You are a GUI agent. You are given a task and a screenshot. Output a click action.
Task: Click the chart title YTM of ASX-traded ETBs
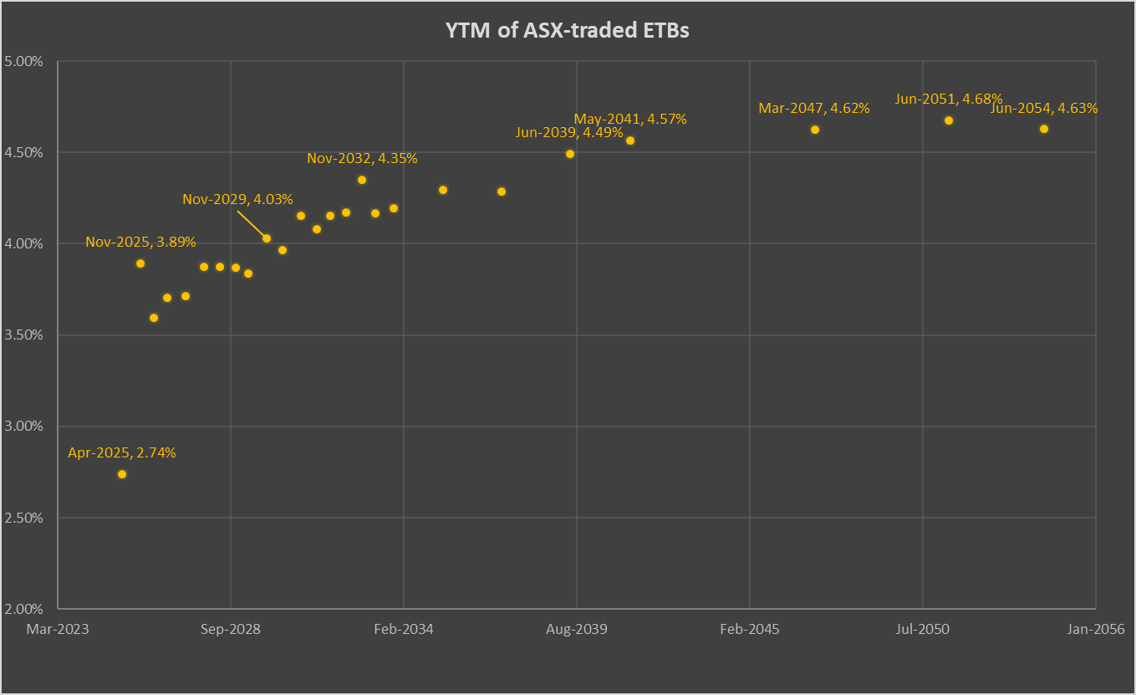click(568, 31)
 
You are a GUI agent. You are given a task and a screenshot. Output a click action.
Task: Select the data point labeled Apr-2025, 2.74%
click(122, 474)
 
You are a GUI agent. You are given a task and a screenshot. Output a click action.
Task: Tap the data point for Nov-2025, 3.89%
click(140, 263)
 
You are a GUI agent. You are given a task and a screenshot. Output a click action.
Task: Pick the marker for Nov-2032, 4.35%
click(362, 180)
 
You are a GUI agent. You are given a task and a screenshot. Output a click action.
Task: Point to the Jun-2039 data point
click(570, 154)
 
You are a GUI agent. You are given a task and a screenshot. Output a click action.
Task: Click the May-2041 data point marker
click(630, 141)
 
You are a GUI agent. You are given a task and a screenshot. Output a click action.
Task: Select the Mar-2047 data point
click(815, 130)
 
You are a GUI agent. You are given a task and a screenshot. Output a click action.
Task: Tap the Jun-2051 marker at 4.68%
click(949, 120)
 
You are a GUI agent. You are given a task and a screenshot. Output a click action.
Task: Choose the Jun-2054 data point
click(1044, 129)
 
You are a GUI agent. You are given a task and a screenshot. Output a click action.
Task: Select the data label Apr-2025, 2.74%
click(122, 453)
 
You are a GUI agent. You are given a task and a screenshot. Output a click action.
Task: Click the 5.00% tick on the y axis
click(25, 62)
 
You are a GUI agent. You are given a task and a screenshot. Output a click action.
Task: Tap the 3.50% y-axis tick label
click(25, 335)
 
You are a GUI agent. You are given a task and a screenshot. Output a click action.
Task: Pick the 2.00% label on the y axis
click(25, 609)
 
